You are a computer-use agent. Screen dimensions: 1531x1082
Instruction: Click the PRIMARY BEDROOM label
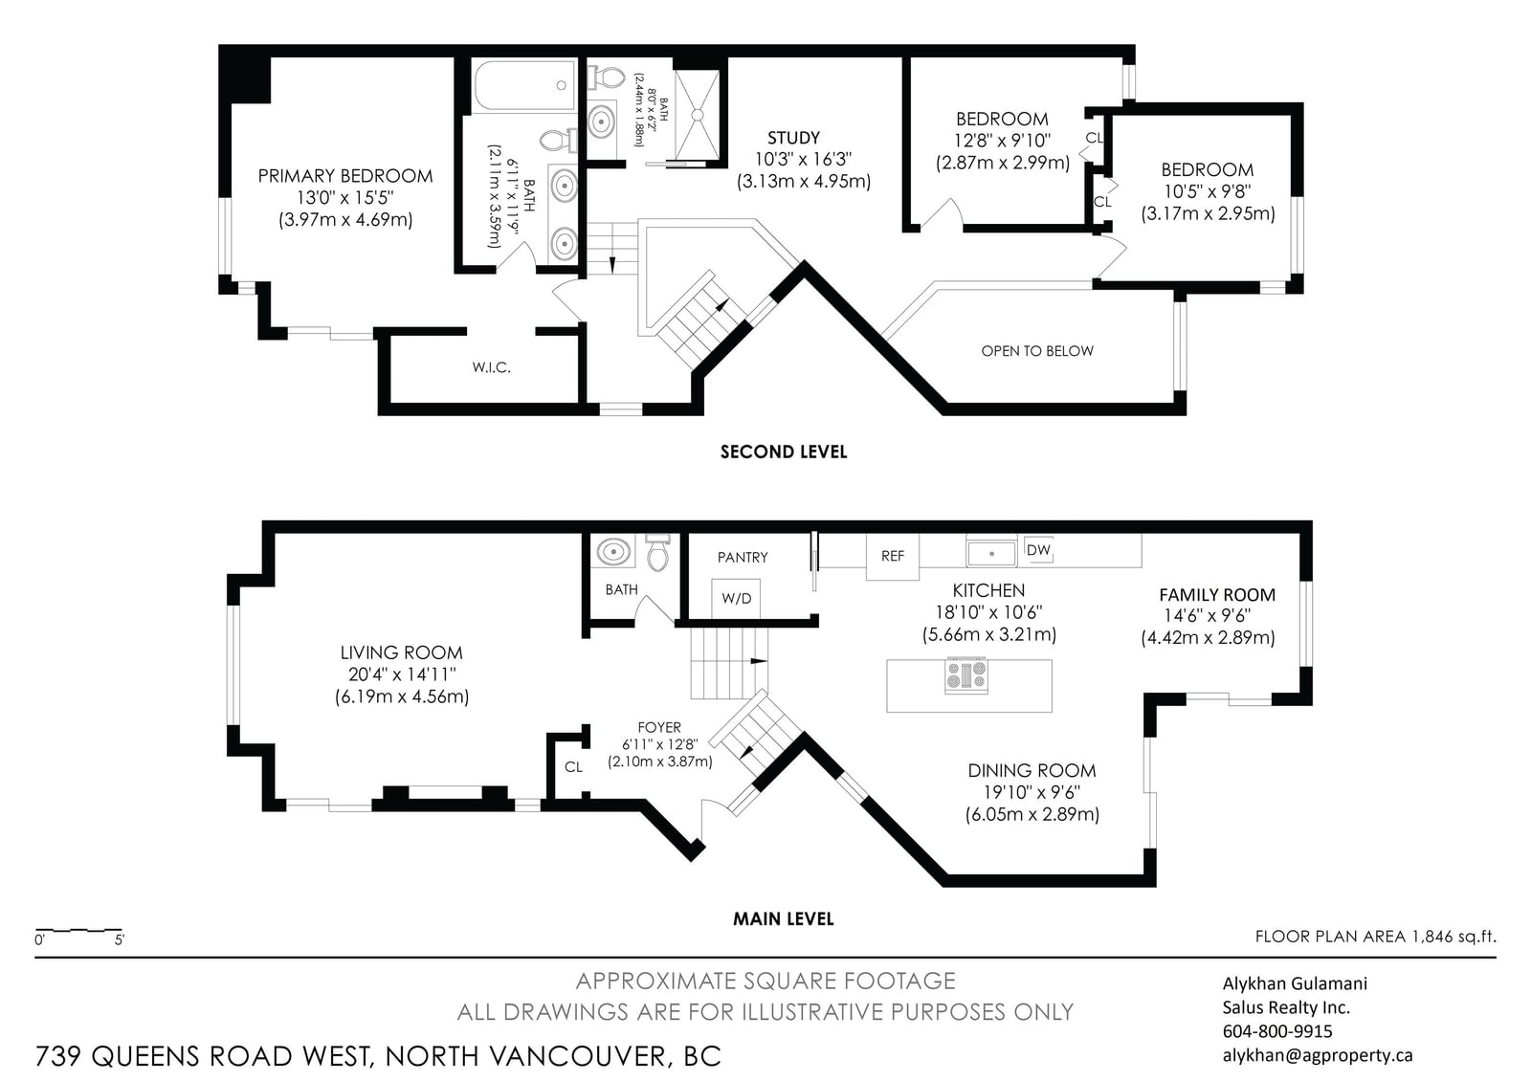[x=345, y=176]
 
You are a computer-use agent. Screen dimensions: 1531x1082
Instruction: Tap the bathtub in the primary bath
[x=525, y=85]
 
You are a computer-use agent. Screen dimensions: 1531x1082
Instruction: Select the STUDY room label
[x=793, y=138]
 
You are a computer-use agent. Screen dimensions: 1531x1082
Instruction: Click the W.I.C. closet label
[x=492, y=367]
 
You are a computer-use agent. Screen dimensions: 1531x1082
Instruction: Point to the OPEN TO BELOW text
[x=1037, y=351]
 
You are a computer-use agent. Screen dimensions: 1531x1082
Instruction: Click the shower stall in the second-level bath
[x=698, y=115]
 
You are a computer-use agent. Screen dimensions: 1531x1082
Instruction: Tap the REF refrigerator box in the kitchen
[x=893, y=557]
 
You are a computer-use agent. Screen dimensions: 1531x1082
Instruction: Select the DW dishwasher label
[x=1038, y=549]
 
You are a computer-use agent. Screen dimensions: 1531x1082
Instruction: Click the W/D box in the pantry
[x=736, y=599]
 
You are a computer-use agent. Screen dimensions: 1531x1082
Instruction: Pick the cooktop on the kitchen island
[x=965, y=675]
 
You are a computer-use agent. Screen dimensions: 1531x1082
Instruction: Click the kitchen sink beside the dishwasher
[x=991, y=552]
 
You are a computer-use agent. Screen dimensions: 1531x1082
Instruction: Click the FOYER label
[x=659, y=727]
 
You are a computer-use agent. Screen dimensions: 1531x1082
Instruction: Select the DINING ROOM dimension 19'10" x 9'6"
[x=1032, y=792]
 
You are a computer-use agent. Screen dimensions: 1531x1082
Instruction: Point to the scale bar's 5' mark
[x=119, y=940]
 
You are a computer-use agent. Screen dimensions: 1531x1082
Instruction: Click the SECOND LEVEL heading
[x=784, y=452]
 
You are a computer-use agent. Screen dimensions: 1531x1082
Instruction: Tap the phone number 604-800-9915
[x=1277, y=1030]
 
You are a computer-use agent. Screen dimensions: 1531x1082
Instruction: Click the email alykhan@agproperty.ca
[x=1318, y=1055]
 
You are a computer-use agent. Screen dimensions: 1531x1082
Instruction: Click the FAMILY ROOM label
[x=1217, y=595]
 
